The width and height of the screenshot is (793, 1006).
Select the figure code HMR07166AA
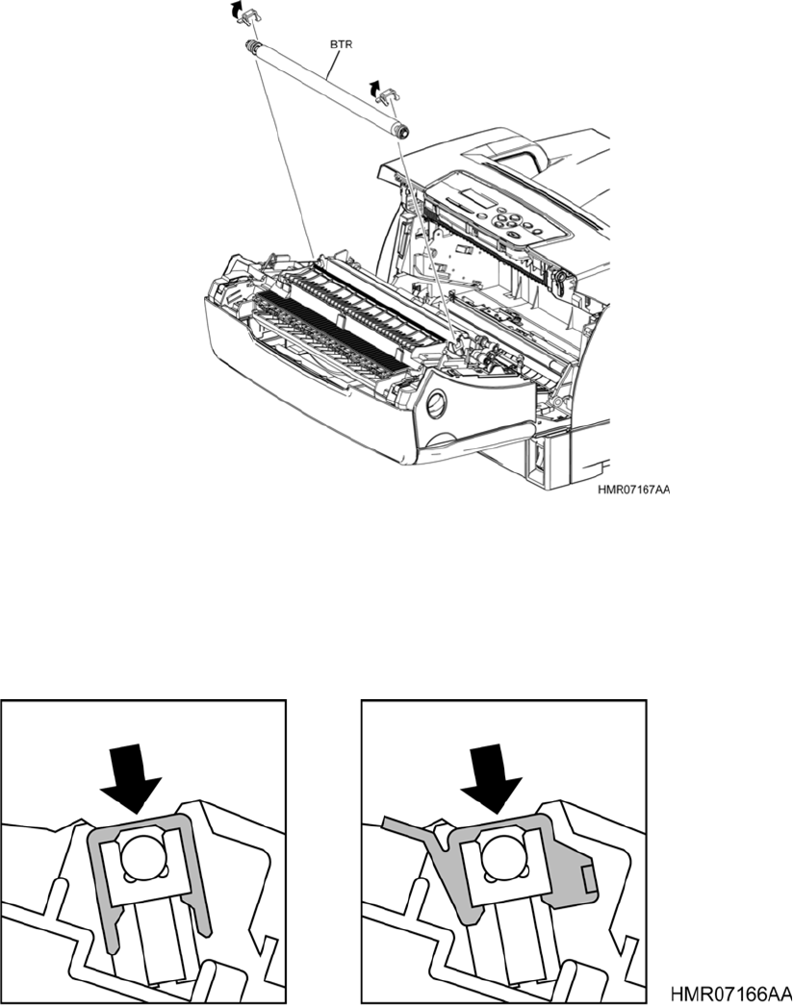point(731,992)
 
